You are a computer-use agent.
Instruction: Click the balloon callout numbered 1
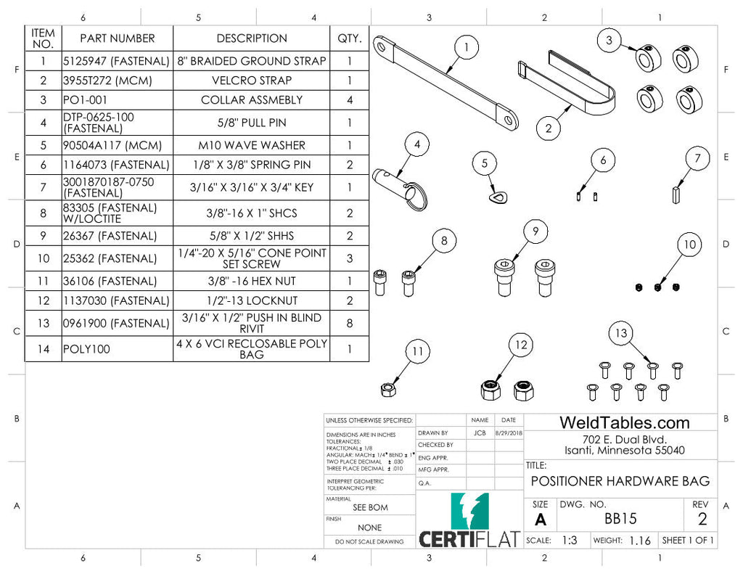coord(467,48)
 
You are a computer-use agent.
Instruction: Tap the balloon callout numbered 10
coord(689,245)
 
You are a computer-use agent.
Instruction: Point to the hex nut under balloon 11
coord(387,390)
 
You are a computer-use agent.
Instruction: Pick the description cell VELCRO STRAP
coord(251,81)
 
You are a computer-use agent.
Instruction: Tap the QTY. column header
coord(349,38)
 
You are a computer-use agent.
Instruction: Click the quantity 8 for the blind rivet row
coord(349,324)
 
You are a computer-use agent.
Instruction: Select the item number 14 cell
coord(44,349)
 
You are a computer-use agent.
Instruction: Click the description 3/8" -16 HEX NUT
coord(251,282)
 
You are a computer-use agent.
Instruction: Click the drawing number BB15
coord(620,519)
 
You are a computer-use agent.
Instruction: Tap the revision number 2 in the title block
coord(702,519)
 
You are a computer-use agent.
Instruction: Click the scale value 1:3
coord(570,541)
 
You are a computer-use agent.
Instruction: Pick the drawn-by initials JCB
coord(480,433)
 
